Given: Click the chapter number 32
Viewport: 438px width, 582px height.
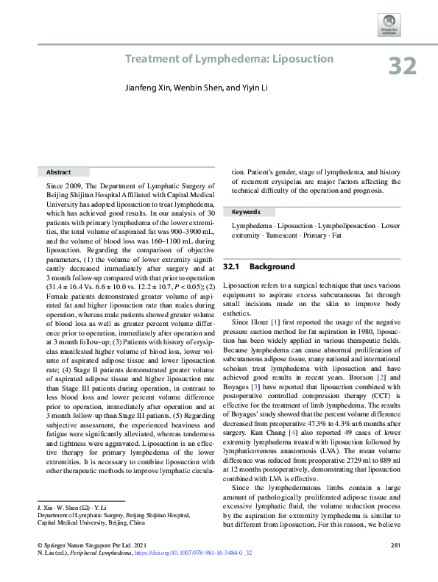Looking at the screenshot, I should point(403,65).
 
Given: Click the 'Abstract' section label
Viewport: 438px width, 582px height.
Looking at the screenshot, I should point(58,171).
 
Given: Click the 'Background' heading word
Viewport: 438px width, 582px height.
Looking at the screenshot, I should point(272,266).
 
